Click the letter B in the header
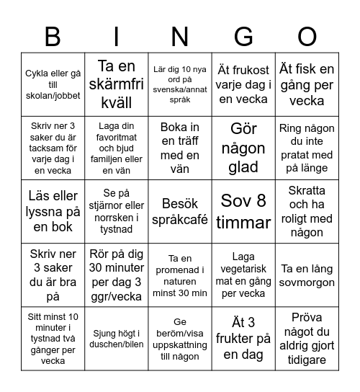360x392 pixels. click(53, 35)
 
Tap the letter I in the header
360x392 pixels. click(116, 35)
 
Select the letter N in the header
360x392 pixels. click(179, 35)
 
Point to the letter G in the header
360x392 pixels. click(243, 35)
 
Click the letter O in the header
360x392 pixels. click(307, 35)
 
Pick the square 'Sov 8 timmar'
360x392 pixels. click(243, 210)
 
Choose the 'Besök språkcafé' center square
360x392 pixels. click(180, 210)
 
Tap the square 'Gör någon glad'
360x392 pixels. click(243, 147)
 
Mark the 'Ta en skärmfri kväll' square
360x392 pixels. click(117, 84)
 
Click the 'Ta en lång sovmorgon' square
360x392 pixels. click(307, 274)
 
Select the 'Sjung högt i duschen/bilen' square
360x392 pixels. click(117, 337)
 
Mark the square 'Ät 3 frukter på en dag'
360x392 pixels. click(243, 337)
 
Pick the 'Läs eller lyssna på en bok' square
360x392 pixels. click(53, 210)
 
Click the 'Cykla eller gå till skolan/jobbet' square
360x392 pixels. click(53, 84)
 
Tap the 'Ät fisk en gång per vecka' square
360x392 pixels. click(307, 84)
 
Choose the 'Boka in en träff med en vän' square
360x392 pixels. click(180, 147)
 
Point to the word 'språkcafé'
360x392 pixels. click(180, 218)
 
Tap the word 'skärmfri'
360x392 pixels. click(117, 84)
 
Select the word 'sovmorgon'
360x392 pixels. click(307, 280)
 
